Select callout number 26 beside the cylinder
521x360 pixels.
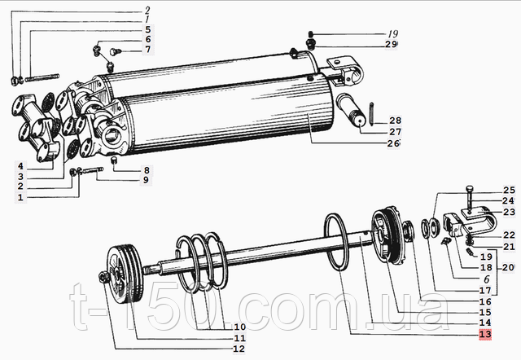393,143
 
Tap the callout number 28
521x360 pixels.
396,119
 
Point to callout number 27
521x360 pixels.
396,131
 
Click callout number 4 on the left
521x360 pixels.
20,166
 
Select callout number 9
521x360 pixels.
147,179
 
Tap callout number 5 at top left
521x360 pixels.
147,29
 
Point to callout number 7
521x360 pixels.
147,50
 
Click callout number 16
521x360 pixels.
485,301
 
